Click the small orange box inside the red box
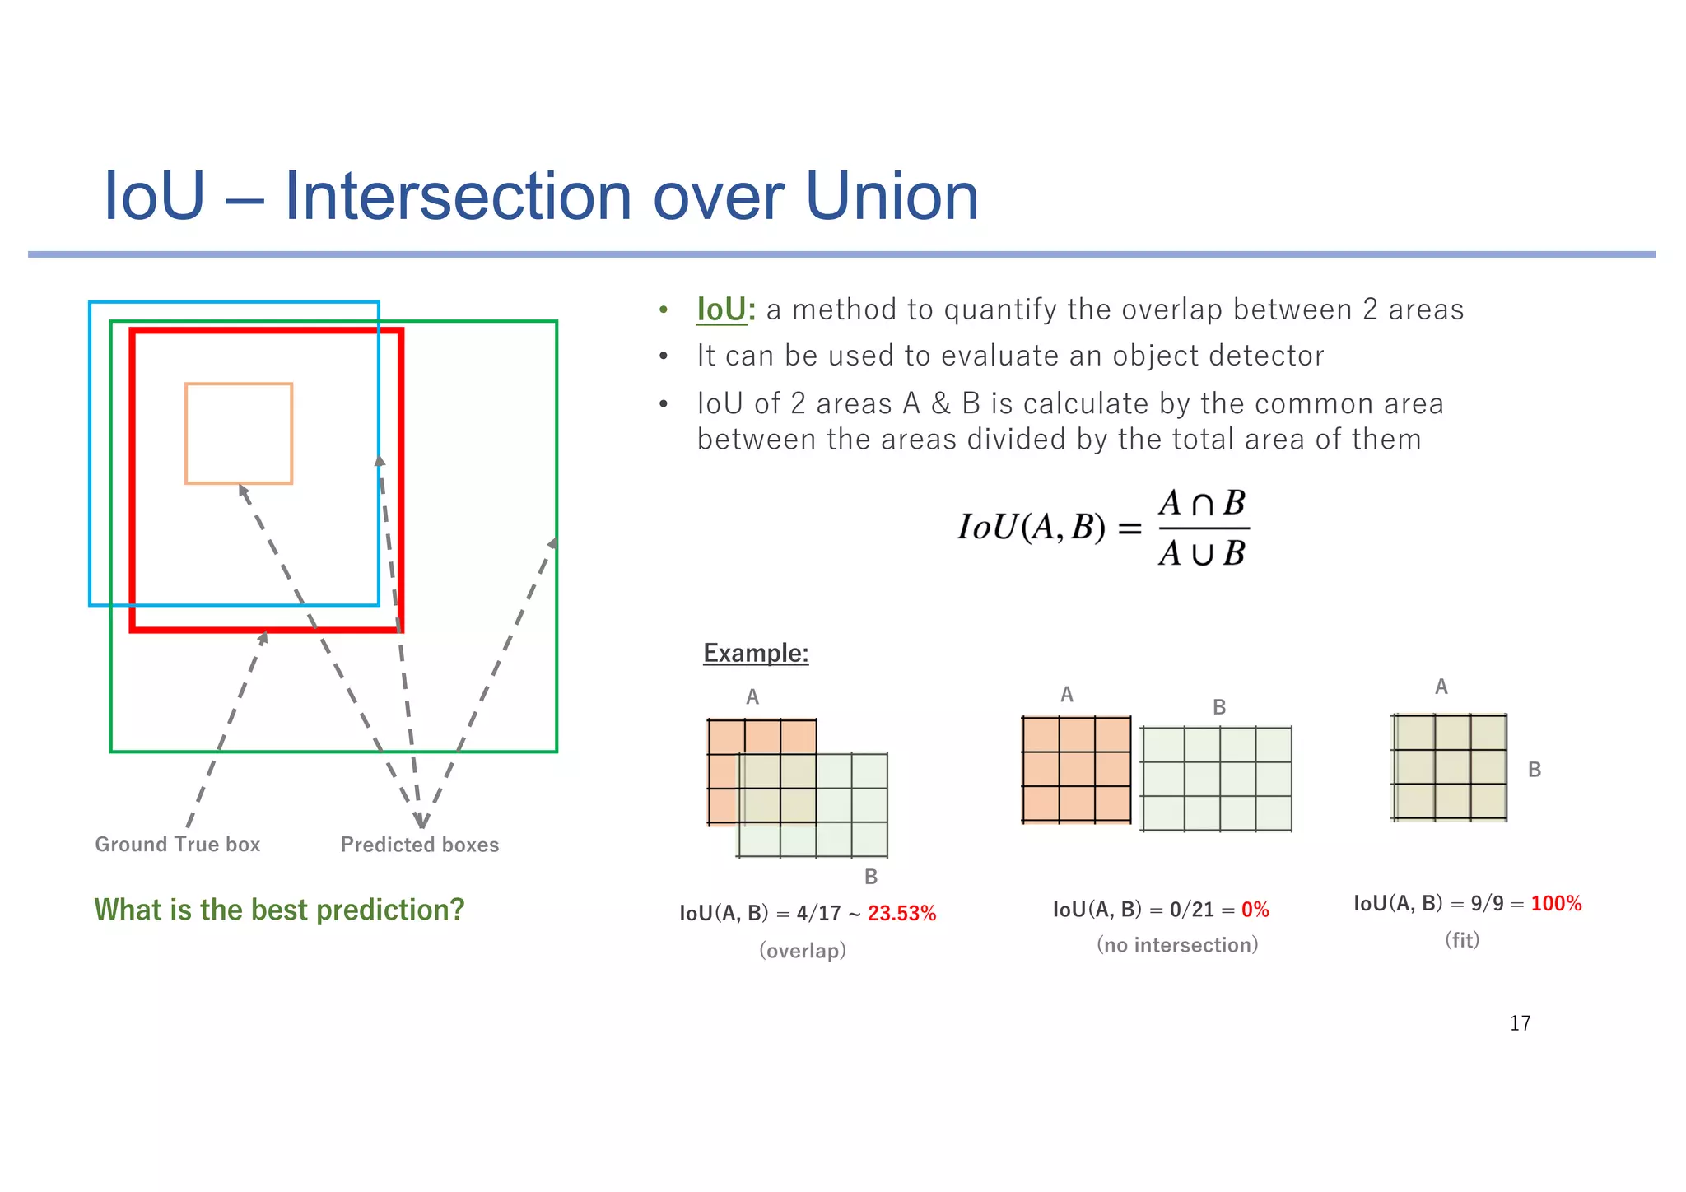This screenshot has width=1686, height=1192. click(x=239, y=433)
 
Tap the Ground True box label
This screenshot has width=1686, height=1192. click(x=177, y=845)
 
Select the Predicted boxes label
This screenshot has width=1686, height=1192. click(x=420, y=845)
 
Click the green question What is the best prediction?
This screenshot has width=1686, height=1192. click(x=279, y=910)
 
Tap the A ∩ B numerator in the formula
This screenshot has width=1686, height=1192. click(x=1202, y=503)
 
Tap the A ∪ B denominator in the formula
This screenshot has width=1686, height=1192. click(x=1202, y=553)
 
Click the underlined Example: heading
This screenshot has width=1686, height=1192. click(x=756, y=653)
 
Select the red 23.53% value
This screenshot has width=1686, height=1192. click(x=901, y=914)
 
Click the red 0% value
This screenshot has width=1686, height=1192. click(x=1255, y=910)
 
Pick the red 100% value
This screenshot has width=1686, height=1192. click(x=1556, y=904)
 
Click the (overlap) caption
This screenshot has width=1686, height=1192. click(x=803, y=951)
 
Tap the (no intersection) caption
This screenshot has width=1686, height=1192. click(x=1177, y=945)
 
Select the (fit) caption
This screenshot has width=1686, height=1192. click(x=1462, y=940)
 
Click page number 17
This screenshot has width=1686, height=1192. click(x=1520, y=1023)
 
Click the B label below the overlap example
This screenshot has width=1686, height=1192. click(x=871, y=877)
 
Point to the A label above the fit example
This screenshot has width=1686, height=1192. click(x=1441, y=687)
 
